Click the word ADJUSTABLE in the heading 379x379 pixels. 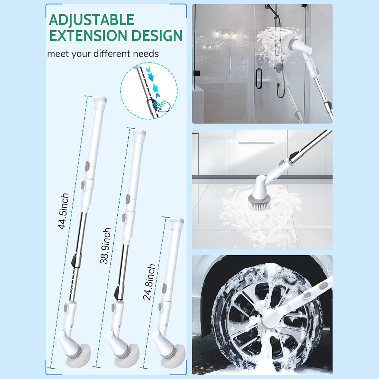pos(92,20)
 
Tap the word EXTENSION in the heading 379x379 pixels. pos(88,36)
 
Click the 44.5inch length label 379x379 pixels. pos(63,211)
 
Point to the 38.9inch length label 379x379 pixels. pos(105,246)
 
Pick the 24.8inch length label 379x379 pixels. pos(149,282)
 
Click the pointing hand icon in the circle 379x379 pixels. pos(162,106)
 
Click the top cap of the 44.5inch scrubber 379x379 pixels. pos(100,99)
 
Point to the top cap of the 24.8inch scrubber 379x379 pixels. pos(177,220)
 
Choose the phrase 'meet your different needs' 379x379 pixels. pos(103,54)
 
